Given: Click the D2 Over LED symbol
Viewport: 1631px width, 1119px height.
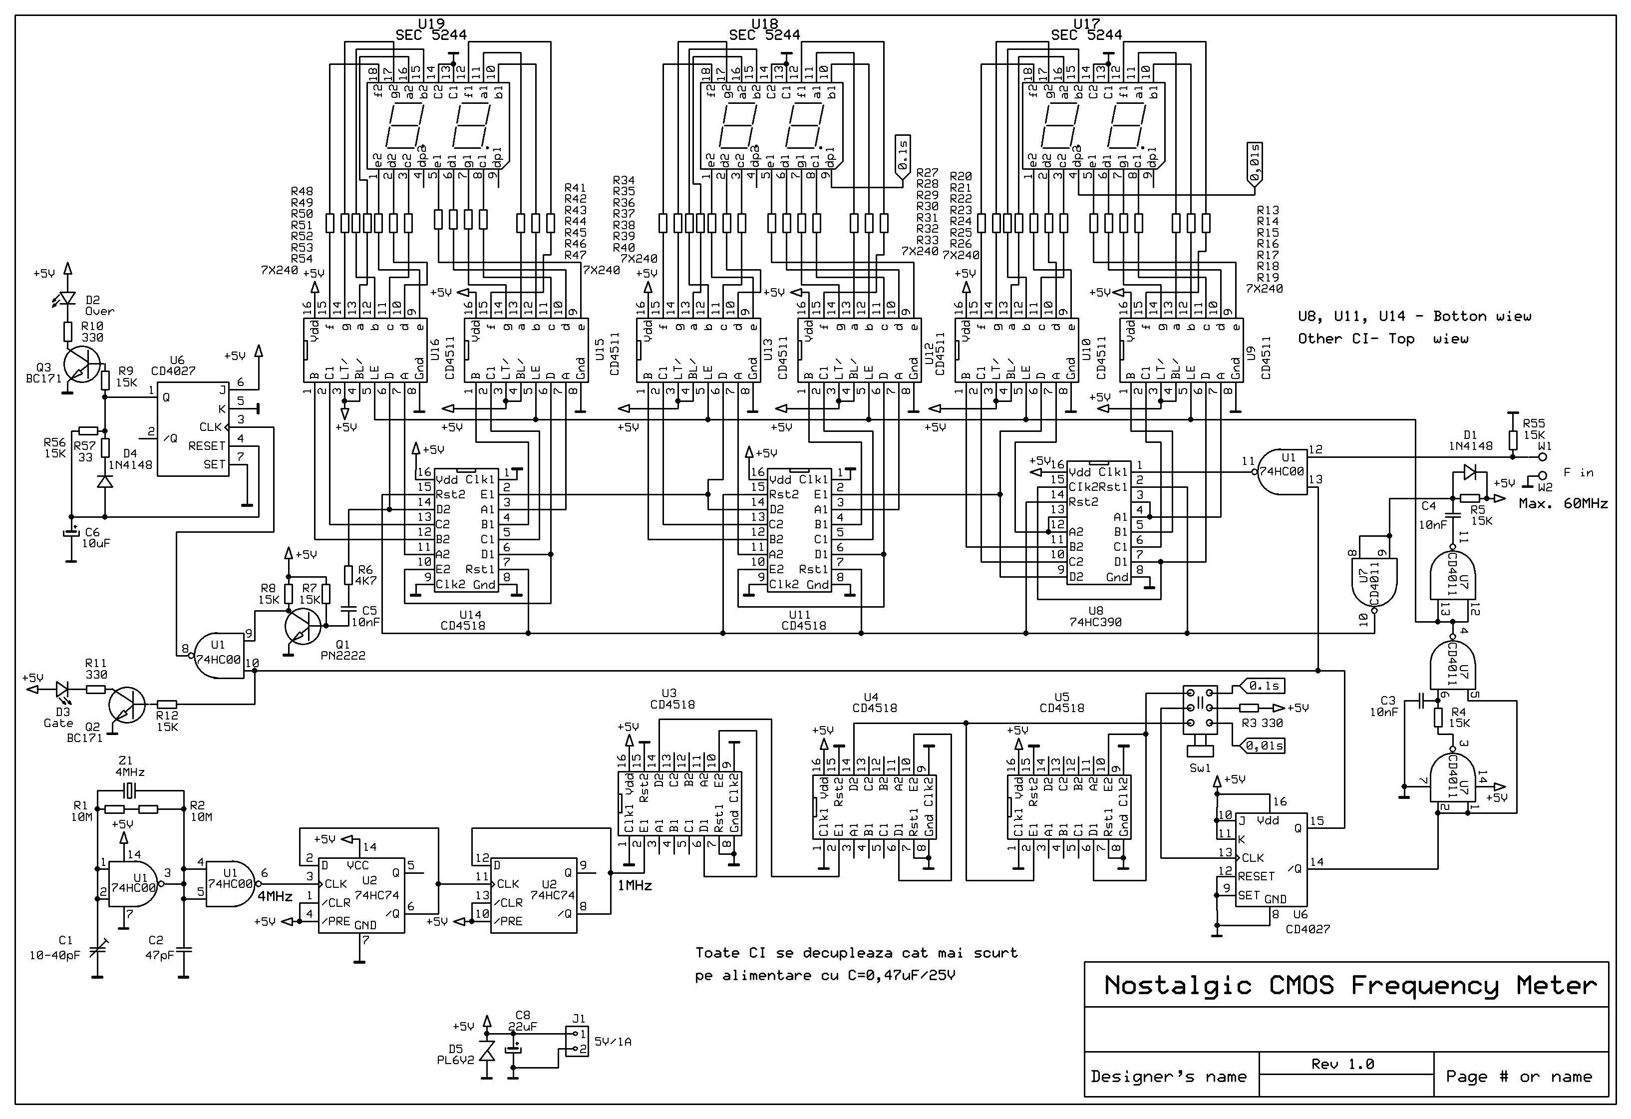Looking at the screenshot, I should click(67, 299).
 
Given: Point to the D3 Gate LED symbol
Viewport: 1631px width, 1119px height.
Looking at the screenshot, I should click(64, 690).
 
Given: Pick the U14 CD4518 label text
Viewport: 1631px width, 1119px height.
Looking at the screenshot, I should click(462, 620).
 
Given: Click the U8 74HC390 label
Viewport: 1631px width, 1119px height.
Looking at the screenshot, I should click(1095, 616).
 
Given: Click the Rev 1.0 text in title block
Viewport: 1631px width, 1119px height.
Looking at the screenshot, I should click(1342, 1064).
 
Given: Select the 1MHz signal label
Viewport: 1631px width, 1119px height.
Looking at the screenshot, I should click(635, 886).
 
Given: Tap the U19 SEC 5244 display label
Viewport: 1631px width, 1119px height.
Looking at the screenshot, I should click(430, 29).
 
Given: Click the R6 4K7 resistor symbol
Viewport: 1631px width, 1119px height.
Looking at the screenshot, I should click(348, 576).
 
